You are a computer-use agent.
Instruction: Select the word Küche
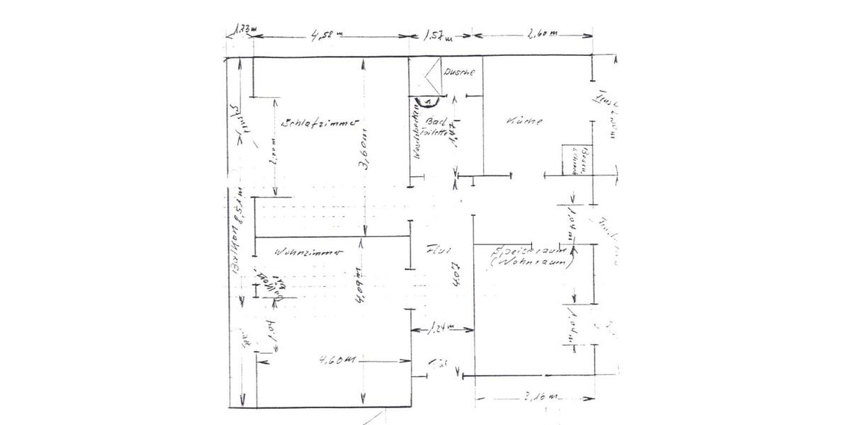[x=525, y=121]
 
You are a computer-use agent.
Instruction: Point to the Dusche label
[x=458, y=72]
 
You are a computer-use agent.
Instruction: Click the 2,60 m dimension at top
[x=543, y=34]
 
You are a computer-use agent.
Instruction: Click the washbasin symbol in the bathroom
[x=427, y=101]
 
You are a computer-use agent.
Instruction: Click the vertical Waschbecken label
[x=419, y=138]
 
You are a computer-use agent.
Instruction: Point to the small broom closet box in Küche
[x=572, y=161]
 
